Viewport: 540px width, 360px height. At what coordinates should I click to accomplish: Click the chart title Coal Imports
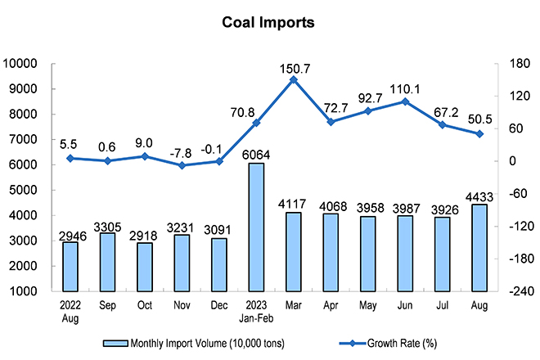268,23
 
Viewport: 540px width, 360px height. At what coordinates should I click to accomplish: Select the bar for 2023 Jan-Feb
256,227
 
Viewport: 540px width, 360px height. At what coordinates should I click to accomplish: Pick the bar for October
145,267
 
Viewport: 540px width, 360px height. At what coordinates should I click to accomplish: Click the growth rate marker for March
294,79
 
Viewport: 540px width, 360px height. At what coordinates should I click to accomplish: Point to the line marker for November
182,165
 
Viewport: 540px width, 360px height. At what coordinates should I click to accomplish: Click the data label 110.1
407,85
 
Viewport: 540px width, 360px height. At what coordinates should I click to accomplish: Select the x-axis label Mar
294,304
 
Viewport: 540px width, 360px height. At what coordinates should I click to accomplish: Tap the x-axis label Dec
219,304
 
